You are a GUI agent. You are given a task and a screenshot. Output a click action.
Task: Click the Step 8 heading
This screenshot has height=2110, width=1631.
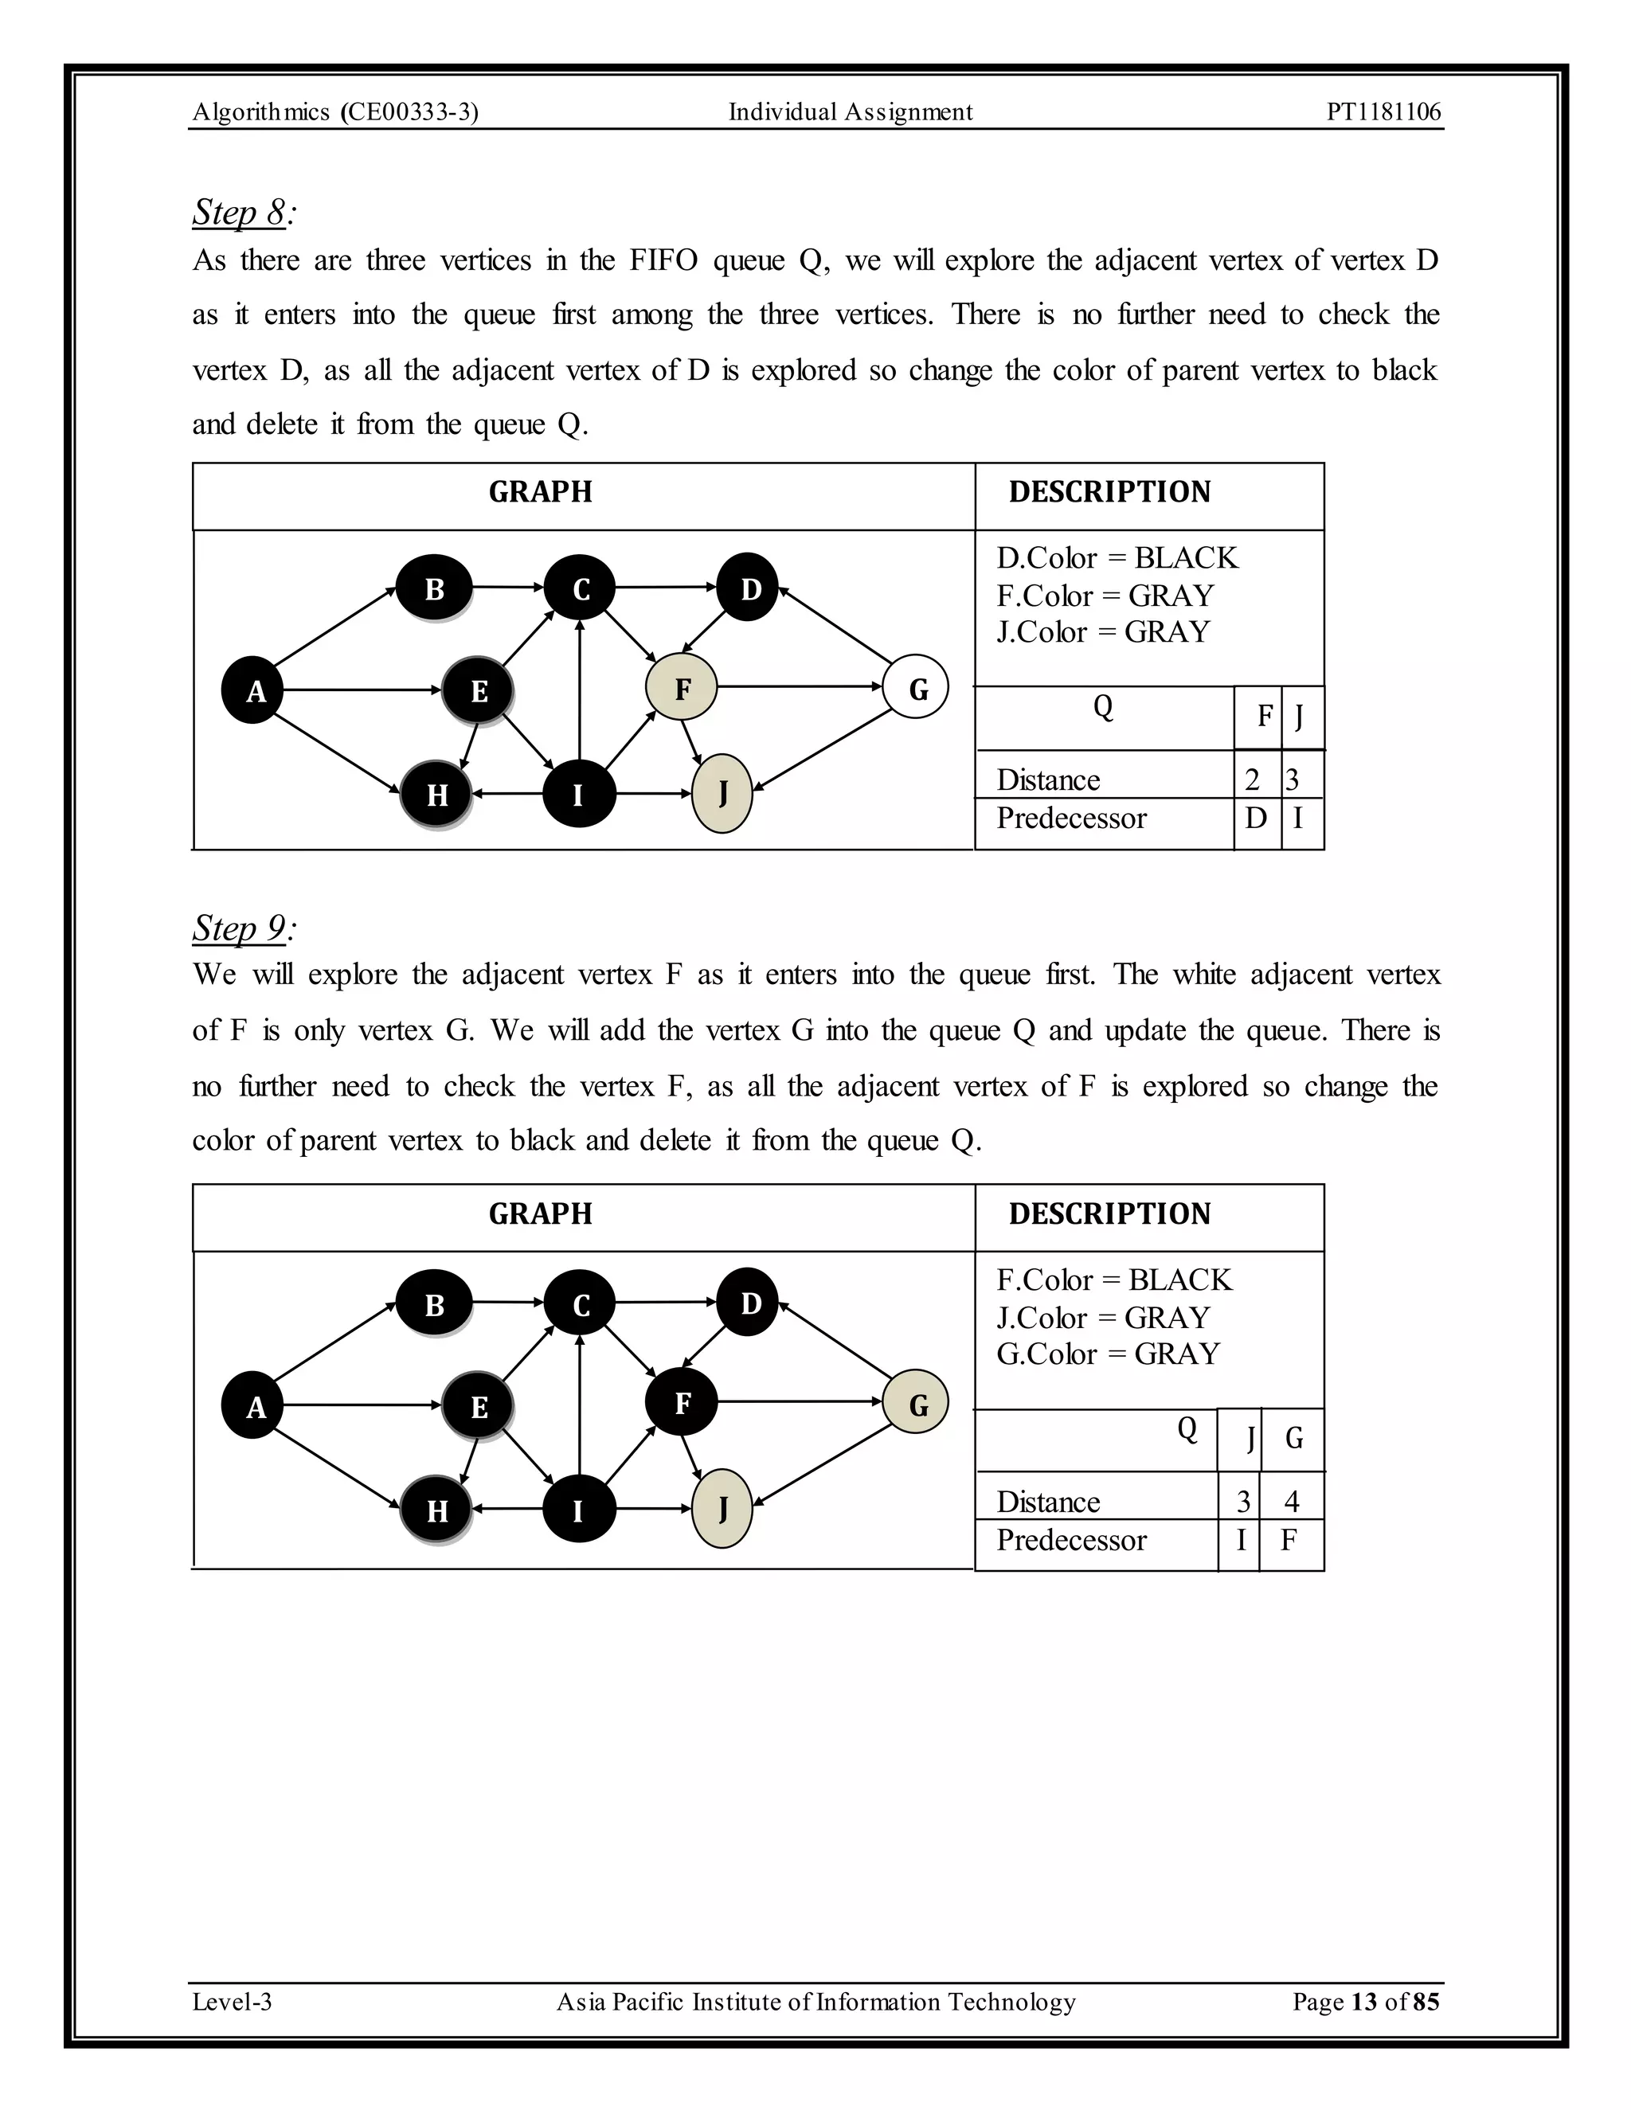pos(243,212)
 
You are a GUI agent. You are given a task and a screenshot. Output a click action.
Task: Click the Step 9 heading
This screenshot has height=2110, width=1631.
pos(243,928)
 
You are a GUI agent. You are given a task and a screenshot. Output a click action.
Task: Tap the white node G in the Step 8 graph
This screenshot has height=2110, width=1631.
pos(916,688)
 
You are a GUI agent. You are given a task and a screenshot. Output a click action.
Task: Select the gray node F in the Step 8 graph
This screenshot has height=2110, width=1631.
pos(681,688)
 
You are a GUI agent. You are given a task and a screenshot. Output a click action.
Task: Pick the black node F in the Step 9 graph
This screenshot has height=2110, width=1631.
pos(681,1402)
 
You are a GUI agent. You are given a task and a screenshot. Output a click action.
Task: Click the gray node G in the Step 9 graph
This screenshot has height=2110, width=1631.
pos(916,1403)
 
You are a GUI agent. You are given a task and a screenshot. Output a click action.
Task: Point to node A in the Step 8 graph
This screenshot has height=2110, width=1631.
pos(254,690)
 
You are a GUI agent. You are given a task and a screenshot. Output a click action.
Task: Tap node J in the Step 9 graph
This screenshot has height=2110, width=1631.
pos(722,1509)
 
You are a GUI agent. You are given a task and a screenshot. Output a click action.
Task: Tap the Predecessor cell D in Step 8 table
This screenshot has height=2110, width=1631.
pos(1256,819)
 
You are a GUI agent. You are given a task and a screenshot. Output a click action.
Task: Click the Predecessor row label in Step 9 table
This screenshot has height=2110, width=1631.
pos(1070,1539)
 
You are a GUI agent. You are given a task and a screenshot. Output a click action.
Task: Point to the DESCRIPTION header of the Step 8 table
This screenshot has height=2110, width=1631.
pos(1109,492)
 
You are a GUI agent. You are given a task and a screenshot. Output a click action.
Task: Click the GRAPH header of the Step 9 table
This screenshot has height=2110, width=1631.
pos(540,1213)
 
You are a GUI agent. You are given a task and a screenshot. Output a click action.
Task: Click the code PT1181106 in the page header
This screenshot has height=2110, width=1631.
pos(1383,112)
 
